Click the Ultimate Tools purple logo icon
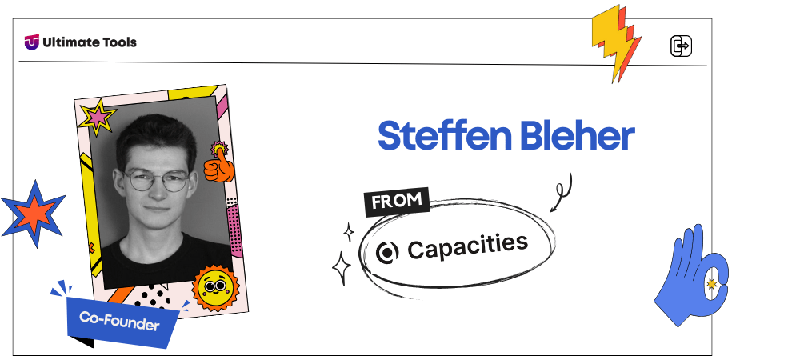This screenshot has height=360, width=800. pyautogui.click(x=32, y=42)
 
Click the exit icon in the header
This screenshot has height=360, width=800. pyautogui.click(x=681, y=46)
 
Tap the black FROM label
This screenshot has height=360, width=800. pyautogui.click(x=397, y=202)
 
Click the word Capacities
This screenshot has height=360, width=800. pyautogui.click(x=467, y=246)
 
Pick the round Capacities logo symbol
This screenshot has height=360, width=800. pyautogui.click(x=386, y=253)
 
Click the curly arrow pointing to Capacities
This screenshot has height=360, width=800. pyautogui.click(x=562, y=192)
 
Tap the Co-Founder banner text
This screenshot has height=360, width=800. pyautogui.click(x=119, y=321)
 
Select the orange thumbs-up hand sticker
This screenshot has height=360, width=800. pyautogui.click(x=219, y=163)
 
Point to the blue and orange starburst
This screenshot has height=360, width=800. pyautogui.click(x=34, y=214)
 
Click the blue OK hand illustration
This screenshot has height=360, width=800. pyautogui.click(x=692, y=275)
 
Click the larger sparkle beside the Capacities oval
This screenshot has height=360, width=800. pyautogui.click(x=342, y=268)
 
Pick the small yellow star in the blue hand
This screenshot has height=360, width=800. pyautogui.click(x=711, y=284)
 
